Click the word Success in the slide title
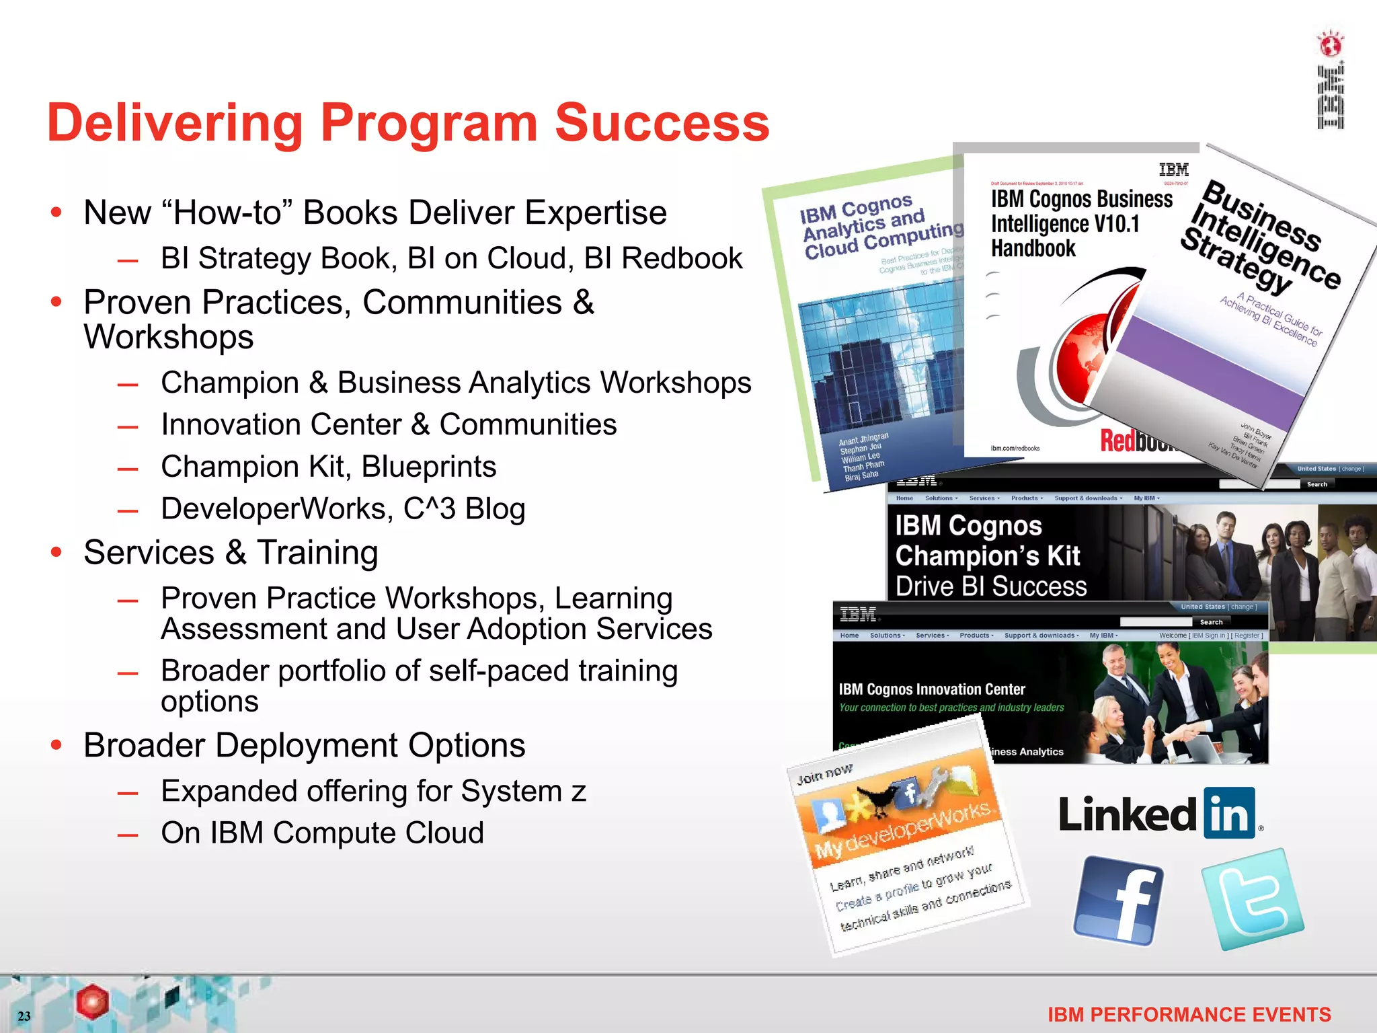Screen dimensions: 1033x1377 pyautogui.click(x=662, y=123)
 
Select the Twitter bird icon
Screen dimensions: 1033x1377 pyautogui.click(x=1253, y=898)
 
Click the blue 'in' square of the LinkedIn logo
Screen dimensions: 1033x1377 pyautogui.click(x=1229, y=813)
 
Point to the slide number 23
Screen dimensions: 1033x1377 pyautogui.click(x=24, y=1016)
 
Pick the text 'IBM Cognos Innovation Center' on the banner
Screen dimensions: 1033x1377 pyautogui.click(x=932, y=689)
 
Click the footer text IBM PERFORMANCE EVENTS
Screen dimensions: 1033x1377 pyautogui.click(x=1189, y=1014)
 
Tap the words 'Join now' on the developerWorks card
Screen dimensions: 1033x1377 pyautogui.click(x=824, y=774)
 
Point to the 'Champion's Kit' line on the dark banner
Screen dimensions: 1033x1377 pyautogui.click(x=987, y=556)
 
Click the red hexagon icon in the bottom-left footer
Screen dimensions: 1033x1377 pyautogui.click(x=92, y=1001)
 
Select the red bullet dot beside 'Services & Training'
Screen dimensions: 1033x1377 pyautogui.click(x=56, y=553)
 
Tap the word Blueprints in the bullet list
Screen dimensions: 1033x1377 pyautogui.click(x=429, y=467)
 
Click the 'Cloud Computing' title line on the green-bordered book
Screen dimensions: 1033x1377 pyautogui.click(x=884, y=241)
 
